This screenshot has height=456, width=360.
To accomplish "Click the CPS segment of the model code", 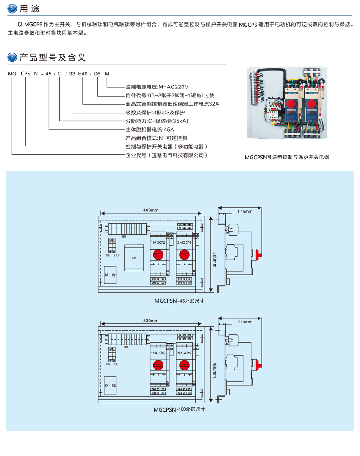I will (x=25, y=74).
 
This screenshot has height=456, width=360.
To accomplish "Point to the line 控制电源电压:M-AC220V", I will (x=157, y=87).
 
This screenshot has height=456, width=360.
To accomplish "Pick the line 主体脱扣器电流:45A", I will (x=150, y=130).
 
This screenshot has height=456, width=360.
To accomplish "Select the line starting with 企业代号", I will (x=167, y=155).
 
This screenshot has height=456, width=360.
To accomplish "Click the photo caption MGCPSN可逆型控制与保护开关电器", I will (x=287, y=157).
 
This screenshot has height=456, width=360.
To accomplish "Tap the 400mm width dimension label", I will (x=150, y=210).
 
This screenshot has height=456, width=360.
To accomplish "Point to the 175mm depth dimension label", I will (x=245, y=211).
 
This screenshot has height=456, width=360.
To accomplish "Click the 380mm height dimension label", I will (x=215, y=257).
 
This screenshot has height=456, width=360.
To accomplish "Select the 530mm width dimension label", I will (x=150, y=321).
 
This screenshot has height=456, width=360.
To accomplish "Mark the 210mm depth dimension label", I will (x=245, y=322).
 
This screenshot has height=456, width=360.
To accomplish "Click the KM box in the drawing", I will (x=134, y=257).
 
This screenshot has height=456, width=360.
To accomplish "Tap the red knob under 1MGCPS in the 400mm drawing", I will (x=158, y=254).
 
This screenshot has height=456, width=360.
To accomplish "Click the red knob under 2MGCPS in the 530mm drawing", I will (x=184, y=364).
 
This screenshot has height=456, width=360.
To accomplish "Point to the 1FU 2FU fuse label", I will (x=113, y=364).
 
